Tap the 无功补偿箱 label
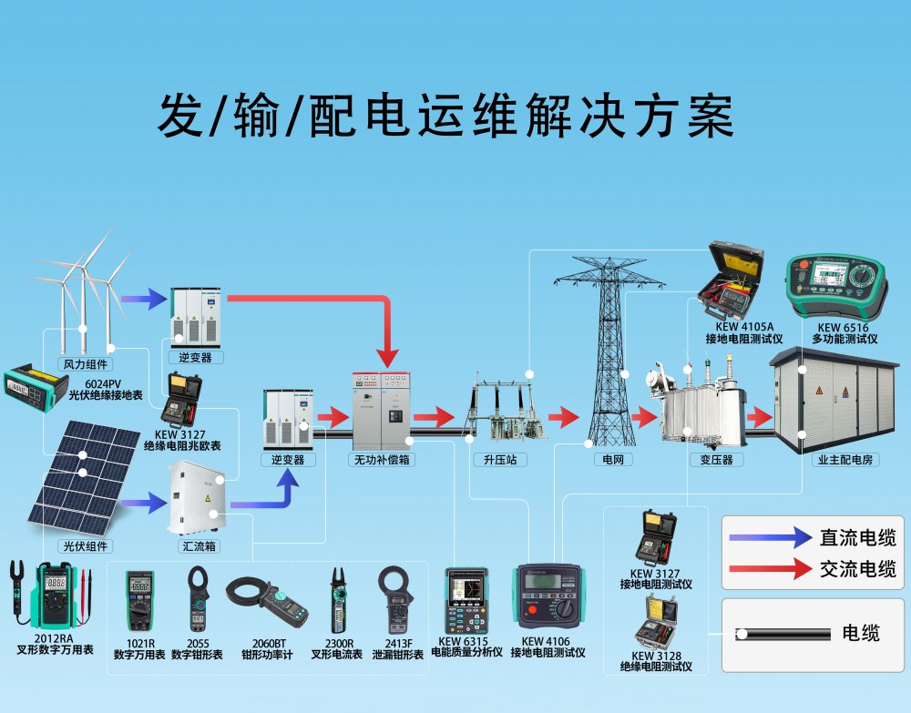pos(383,460)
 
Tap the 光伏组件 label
pos(85,546)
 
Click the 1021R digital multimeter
pos(139,600)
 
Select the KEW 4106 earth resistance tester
pos(548,596)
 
